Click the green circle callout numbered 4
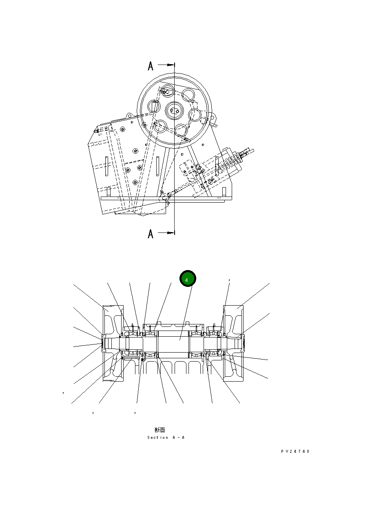tap(188, 279)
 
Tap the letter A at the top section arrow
tap(151, 66)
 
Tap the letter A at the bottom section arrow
tap(151, 234)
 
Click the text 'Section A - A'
tap(166, 438)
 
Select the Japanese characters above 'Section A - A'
tap(160, 430)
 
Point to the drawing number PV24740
tap(295, 451)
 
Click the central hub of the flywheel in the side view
tap(175, 110)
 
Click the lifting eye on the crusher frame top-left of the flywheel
tap(129, 116)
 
